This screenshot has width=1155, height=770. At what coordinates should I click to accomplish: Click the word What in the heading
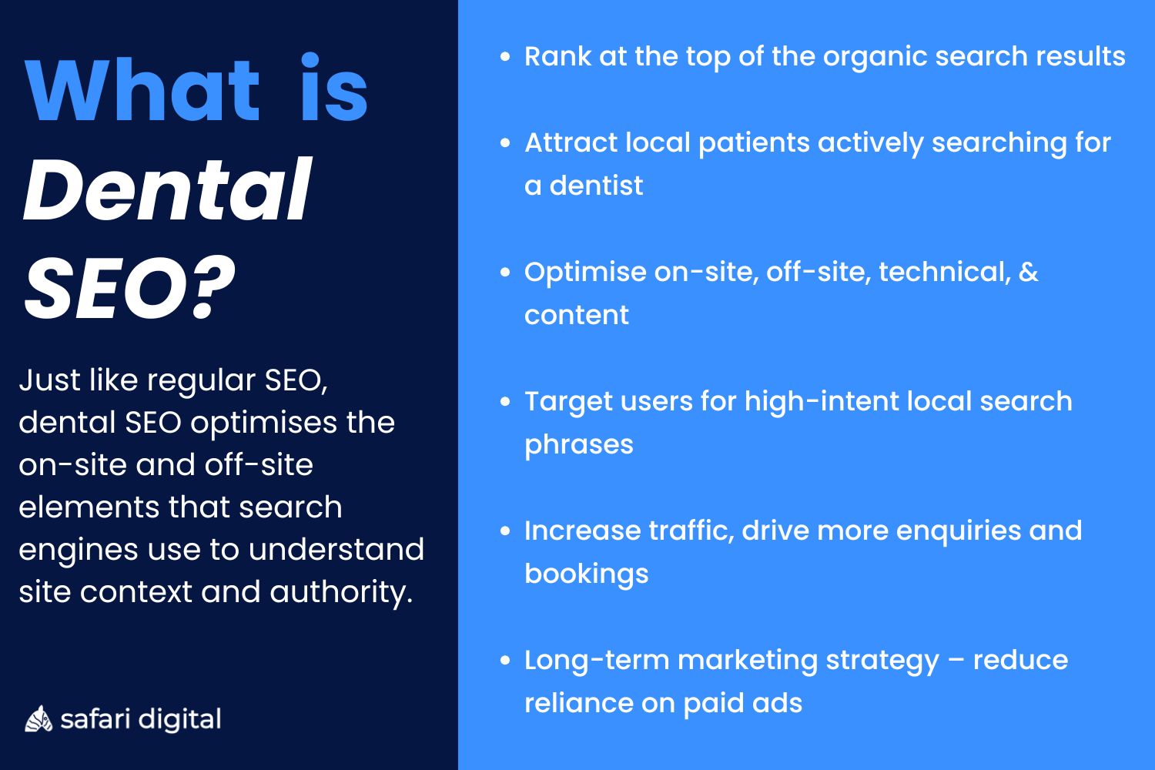pos(142,90)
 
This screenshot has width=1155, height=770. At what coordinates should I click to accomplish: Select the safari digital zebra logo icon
pos(38,719)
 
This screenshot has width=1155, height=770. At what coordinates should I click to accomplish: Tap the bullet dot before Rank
pos(505,56)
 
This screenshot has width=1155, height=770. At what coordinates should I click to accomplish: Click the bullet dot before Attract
pos(505,142)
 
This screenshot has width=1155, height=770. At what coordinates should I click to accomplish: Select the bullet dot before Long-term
pos(505,660)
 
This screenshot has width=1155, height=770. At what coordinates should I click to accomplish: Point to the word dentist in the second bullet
pos(596,186)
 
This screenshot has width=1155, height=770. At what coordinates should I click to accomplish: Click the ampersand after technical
pos(1028,272)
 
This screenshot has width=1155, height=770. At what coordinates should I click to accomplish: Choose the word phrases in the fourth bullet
pos(579,445)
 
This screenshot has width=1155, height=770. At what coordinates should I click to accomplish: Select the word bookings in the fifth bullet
pos(587,574)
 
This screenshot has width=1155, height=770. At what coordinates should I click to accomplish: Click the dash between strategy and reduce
pos(956,661)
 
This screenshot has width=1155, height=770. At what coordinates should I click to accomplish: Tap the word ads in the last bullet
pos(782,703)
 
